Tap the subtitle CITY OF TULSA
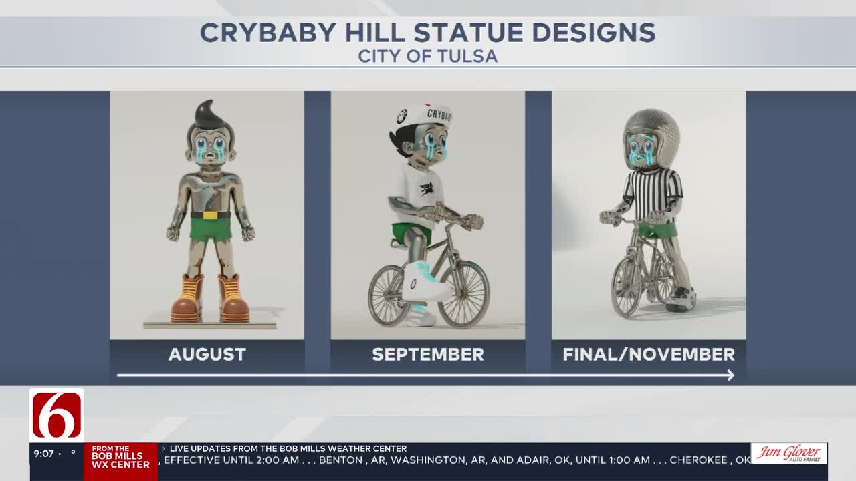[x=428, y=56]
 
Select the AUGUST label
[x=207, y=354]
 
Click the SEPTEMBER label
[x=428, y=354]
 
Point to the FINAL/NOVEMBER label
[x=649, y=354]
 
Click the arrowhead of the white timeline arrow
[x=730, y=375]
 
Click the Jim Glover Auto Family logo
[x=789, y=454]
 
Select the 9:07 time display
[x=44, y=454]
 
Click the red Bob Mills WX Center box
[x=120, y=461]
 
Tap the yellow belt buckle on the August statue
[x=210, y=215]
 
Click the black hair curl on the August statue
[x=208, y=114]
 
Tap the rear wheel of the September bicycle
[x=389, y=296]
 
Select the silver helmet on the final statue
[x=652, y=130]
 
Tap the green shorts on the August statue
[x=211, y=229]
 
